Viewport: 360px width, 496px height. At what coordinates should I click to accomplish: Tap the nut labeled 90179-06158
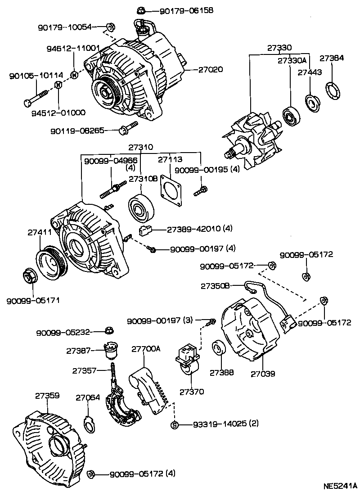140,10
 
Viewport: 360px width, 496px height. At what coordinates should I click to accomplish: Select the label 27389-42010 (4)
199,228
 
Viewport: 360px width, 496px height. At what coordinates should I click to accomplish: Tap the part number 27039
263,373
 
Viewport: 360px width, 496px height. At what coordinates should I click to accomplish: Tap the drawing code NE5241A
340,486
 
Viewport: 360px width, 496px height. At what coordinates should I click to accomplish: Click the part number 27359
47,396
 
